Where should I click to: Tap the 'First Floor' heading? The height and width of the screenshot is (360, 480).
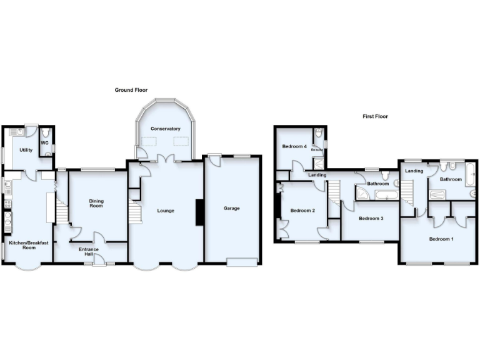coord(376,116)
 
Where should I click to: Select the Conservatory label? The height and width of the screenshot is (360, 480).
coord(165,129)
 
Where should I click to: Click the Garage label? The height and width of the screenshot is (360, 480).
coord(231,209)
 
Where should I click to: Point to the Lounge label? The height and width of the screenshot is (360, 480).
coord(166,211)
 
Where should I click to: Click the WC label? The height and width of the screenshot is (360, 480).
coord(44,142)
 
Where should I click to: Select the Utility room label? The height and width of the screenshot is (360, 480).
coord(26,150)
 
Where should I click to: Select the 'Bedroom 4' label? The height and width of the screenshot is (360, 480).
coord(294,146)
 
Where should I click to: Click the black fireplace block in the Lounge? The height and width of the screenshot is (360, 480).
coord(199,212)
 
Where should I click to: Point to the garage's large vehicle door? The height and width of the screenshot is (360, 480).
coord(242,262)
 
